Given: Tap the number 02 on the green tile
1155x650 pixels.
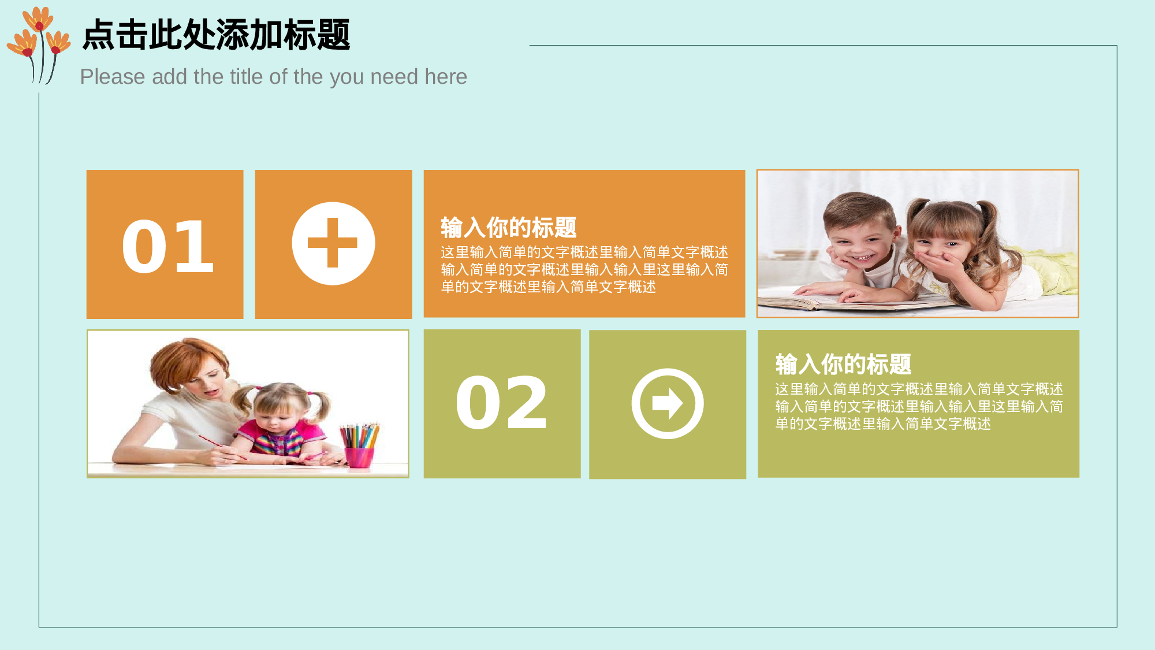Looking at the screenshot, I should tap(501, 403).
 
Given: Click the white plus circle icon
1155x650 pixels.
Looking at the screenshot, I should tap(333, 243).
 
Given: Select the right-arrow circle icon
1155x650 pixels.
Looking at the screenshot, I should tap(667, 403).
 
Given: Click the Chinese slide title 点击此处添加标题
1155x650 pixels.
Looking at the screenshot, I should tap(216, 35).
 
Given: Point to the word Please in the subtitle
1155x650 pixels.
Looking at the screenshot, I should tap(113, 77).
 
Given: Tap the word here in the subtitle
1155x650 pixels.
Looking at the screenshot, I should tap(446, 77).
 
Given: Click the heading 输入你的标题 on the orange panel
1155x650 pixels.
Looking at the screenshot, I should tap(508, 228).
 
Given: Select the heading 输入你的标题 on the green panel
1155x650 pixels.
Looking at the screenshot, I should tap(843, 365).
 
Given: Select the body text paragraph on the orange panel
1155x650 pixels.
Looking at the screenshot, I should tap(584, 270).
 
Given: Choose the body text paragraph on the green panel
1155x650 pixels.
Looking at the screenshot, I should tap(918, 407).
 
